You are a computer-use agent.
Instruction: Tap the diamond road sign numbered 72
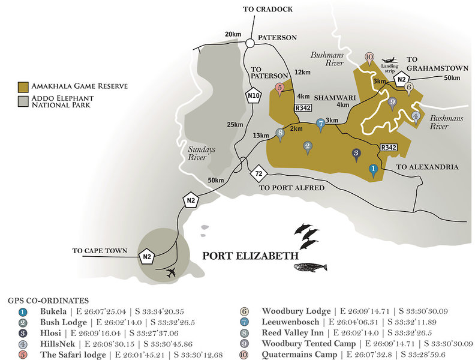pyautogui.click(x=258, y=175)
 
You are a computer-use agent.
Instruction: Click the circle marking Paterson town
pyautogui.click(x=250, y=43)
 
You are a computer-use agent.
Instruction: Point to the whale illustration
pyautogui.click(x=309, y=267)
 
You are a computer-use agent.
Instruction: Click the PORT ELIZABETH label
pyautogui.click(x=249, y=255)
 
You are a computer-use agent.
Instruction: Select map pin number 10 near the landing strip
pyautogui.click(x=369, y=59)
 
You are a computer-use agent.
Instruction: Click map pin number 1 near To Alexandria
pyautogui.click(x=372, y=171)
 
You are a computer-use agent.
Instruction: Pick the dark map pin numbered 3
pyautogui.click(x=356, y=154)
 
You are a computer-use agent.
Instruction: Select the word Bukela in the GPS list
pyautogui.click(x=52, y=311)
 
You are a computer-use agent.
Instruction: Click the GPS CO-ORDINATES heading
pyautogui.click(x=49, y=300)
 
